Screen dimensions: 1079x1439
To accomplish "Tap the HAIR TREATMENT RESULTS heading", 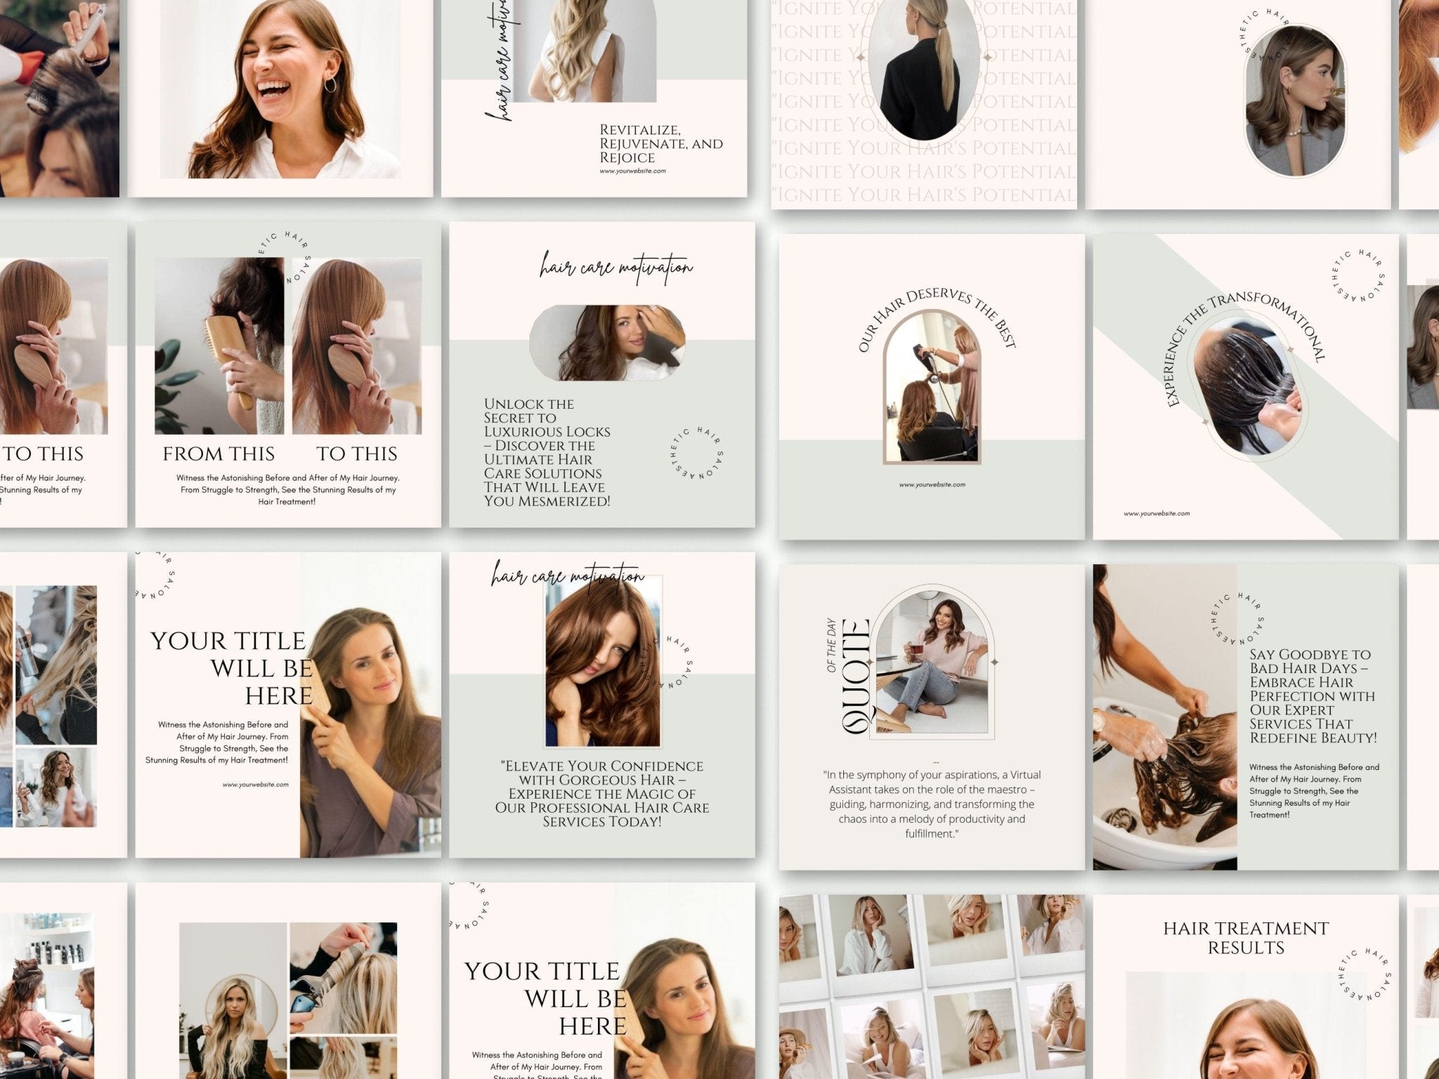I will tap(1246, 938).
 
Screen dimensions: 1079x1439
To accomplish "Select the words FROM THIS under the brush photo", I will tap(219, 454).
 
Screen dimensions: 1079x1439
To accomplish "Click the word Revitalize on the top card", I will tap(639, 130).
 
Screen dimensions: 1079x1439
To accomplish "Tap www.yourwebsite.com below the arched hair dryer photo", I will tap(932, 485).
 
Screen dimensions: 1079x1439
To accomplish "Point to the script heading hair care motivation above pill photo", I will tap(616, 268).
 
